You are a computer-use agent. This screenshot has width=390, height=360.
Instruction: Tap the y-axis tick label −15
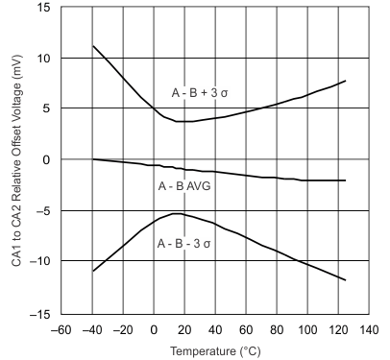coord(42,314)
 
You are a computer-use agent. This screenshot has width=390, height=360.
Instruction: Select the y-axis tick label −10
coord(42,262)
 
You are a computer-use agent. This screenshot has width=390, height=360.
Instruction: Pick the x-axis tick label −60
coord(61,329)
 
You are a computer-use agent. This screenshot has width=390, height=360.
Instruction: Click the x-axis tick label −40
coord(92,329)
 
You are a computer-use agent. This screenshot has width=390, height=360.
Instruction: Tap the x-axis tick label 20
coord(185,329)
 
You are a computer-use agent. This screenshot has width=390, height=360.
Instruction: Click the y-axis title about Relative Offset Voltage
coord(12,159)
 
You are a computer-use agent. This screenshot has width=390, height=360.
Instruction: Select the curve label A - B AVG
coord(184,186)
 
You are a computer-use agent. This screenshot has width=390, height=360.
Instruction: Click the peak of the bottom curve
coord(176,213)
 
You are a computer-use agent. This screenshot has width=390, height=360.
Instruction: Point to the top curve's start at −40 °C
coord(92,46)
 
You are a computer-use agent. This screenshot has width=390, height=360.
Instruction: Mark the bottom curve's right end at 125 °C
coord(345,279)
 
